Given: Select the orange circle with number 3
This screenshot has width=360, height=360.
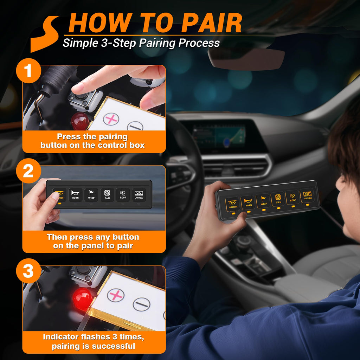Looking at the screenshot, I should tap(28, 271).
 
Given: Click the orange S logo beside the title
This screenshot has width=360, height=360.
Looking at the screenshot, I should tap(44, 33).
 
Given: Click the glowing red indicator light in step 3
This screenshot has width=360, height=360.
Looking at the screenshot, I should tap(83, 299).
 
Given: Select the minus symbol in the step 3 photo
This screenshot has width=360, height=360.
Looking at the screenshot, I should tap(141, 304).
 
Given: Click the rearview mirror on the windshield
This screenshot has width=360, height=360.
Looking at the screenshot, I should tap(246, 56).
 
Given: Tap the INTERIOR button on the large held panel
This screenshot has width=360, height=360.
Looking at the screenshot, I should tap(233, 204).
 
